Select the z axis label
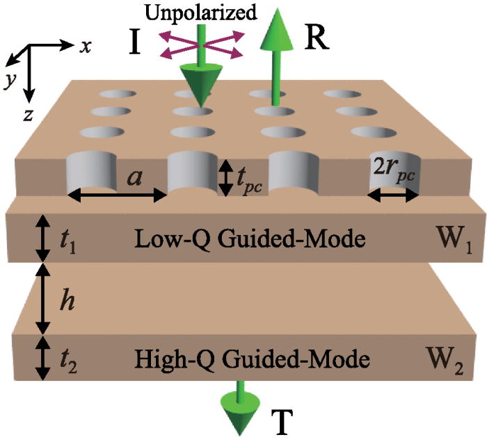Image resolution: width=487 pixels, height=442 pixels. click(27, 115)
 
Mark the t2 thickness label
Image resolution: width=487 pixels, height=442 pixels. click(67, 360)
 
